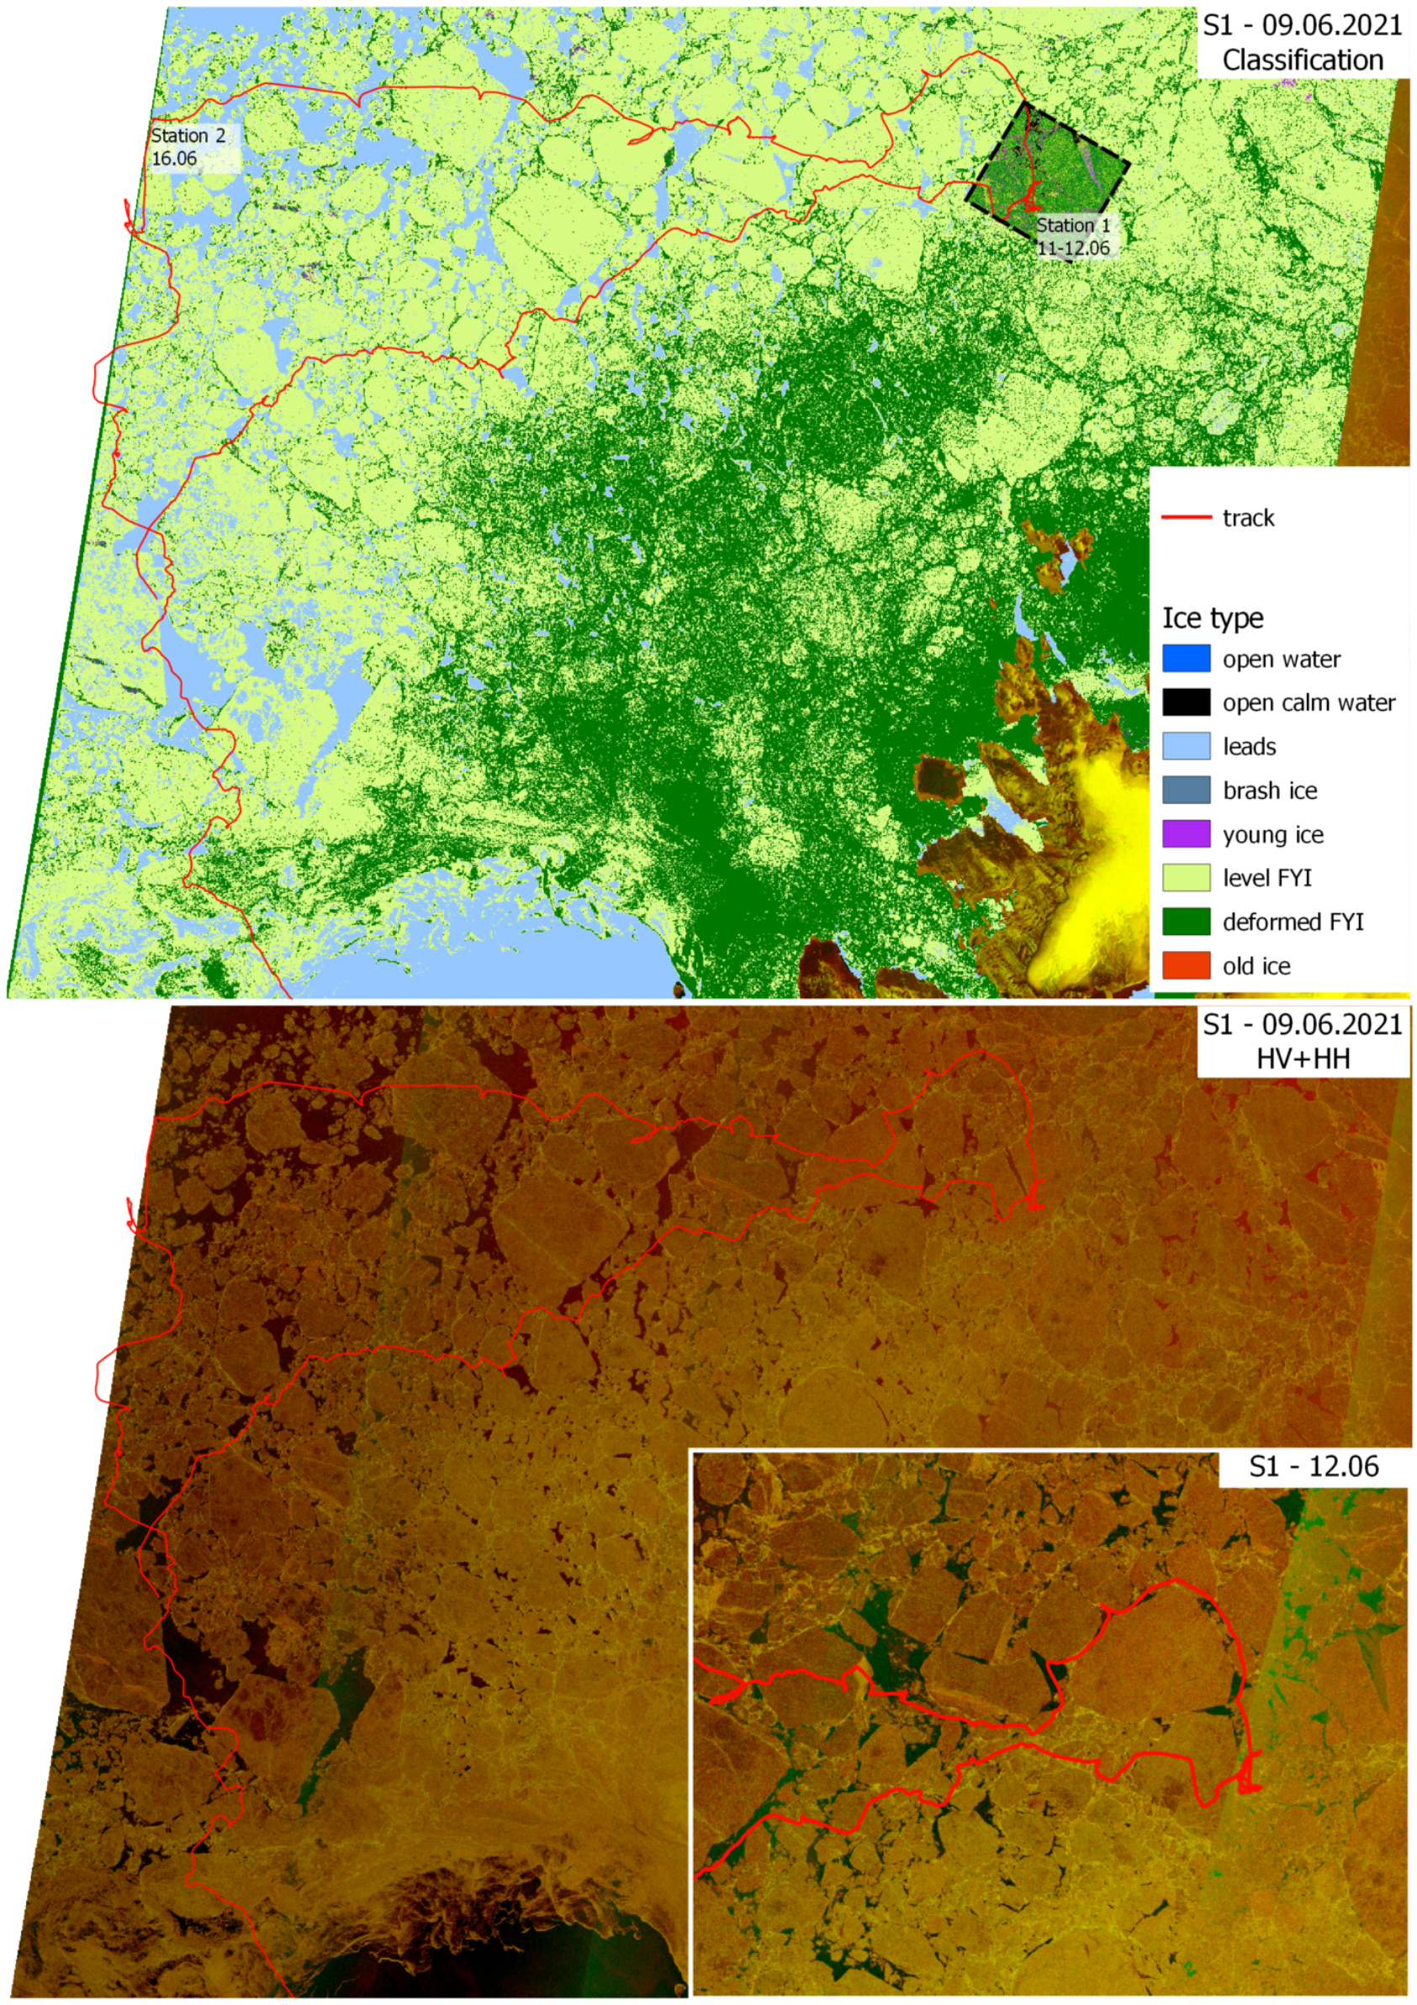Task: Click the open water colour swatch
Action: [1186, 659]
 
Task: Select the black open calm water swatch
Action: [1186, 702]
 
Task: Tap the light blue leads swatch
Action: [1186, 746]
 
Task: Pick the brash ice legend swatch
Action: [1186, 790]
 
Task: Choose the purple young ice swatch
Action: [1186, 834]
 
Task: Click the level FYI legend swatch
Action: [1186, 878]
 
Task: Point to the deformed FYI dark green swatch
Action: [1186, 921]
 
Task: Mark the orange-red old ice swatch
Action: [1186, 965]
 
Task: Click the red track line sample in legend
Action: [1186, 518]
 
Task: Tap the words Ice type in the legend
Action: [1212, 618]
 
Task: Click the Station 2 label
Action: [188, 135]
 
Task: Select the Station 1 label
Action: [1073, 225]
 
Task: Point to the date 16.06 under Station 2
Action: [174, 158]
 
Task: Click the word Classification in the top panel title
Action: [1302, 61]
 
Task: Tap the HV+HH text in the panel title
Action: [1303, 1059]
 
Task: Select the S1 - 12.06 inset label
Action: [1313, 1467]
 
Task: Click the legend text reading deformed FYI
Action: [1293, 922]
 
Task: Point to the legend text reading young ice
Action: [1272, 835]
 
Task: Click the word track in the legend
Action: [1248, 518]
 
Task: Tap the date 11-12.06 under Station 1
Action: [1073, 248]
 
